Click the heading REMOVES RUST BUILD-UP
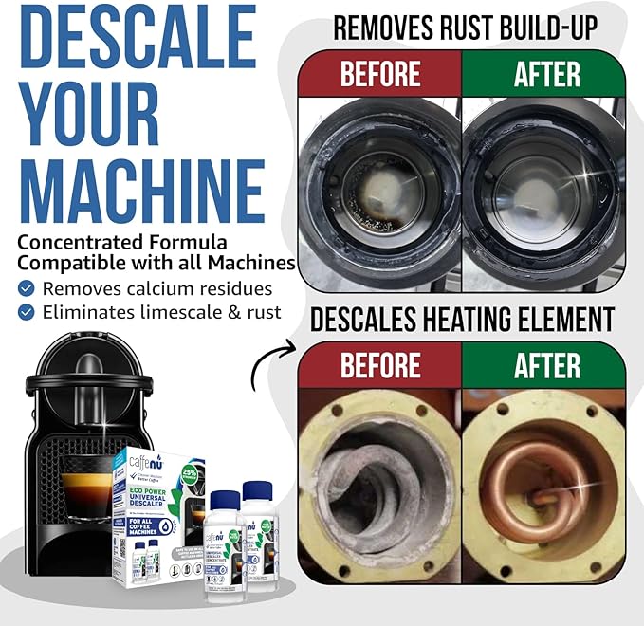pos(465,28)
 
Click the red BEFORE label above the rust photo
pos(379,74)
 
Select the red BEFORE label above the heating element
pos(379,364)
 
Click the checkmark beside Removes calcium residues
pos(27,288)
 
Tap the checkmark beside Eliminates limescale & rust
pos(27,312)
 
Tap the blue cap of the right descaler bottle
pos(257,491)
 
